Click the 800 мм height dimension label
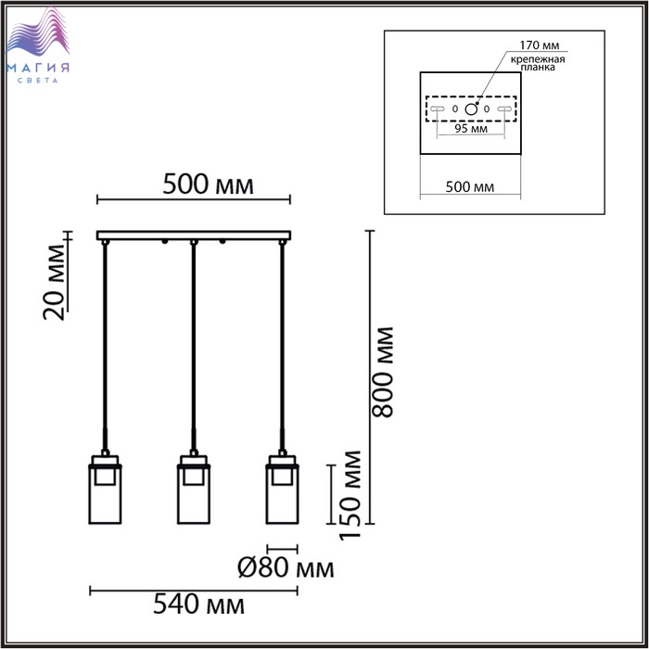tap(382, 372)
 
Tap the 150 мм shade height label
tap(350, 495)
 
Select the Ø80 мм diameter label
tap(286, 567)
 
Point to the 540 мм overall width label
tap(198, 604)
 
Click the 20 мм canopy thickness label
tap(54, 283)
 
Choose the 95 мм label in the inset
tap(471, 129)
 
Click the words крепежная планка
tap(538, 63)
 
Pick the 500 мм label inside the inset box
tap(470, 187)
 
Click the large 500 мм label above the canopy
tap(208, 185)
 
